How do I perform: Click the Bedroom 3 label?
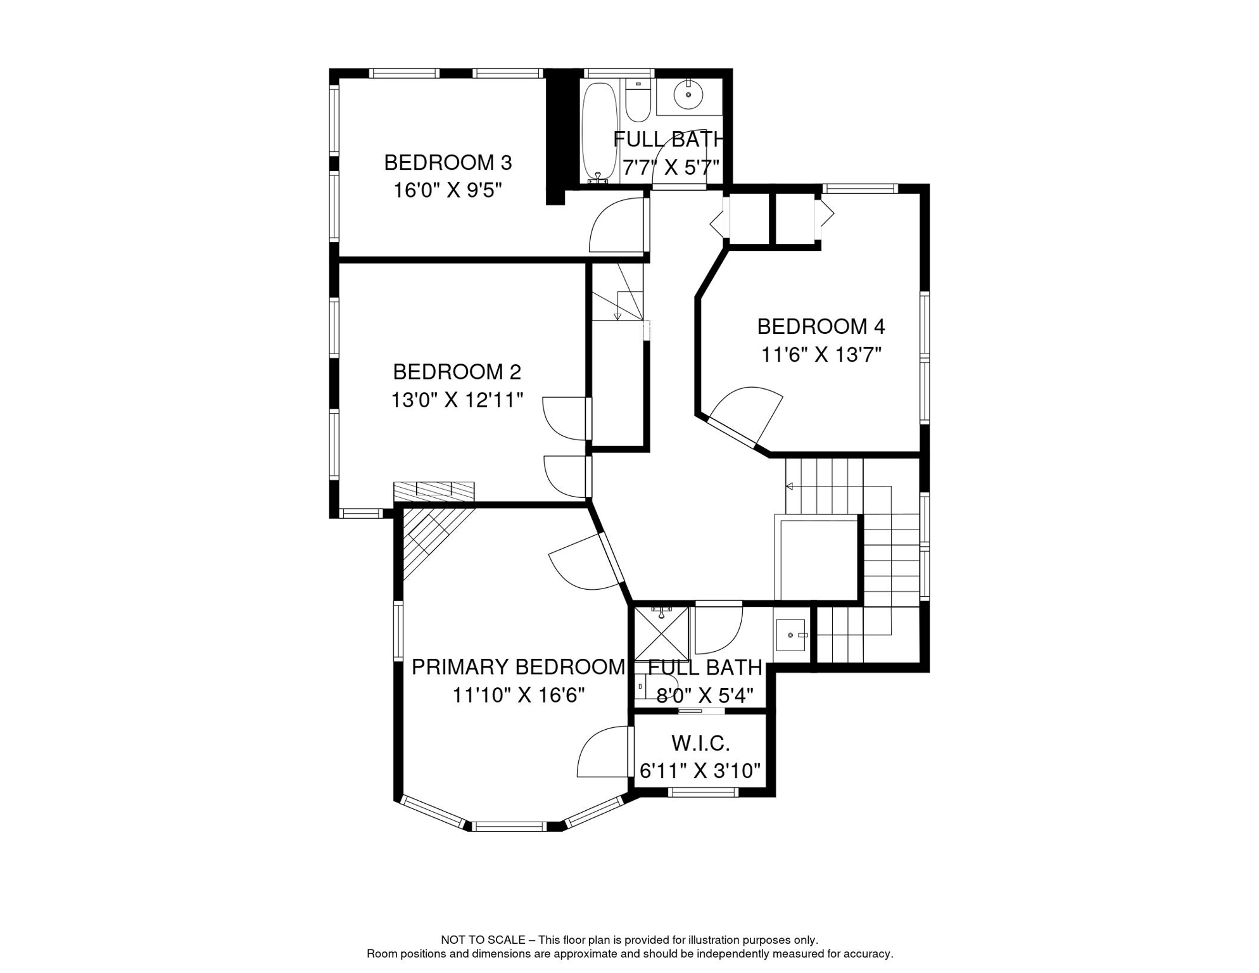pyautogui.click(x=448, y=163)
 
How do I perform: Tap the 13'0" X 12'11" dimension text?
pyautogui.click(x=457, y=400)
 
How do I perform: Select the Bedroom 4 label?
pyautogui.click(x=821, y=327)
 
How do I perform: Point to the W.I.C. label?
pyautogui.click(x=700, y=742)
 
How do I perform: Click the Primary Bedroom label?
pyautogui.click(x=518, y=667)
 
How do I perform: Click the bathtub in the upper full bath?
pyautogui.click(x=599, y=132)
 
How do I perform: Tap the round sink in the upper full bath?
pyautogui.click(x=688, y=95)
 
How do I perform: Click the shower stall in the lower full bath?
pyautogui.click(x=662, y=633)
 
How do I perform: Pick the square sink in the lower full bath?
pyautogui.click(x=790, y=635)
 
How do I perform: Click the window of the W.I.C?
pyautogui.click(x=703, y=791)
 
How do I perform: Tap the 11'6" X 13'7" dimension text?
pyautogui.click(x=821, y=355)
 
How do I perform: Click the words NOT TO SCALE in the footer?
pyautogui.click(x=483, y=940)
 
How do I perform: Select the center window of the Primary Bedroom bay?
pyautogui.click(x=509, y=826)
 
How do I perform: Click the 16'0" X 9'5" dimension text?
pyautogui.click(x=448, y=190)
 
